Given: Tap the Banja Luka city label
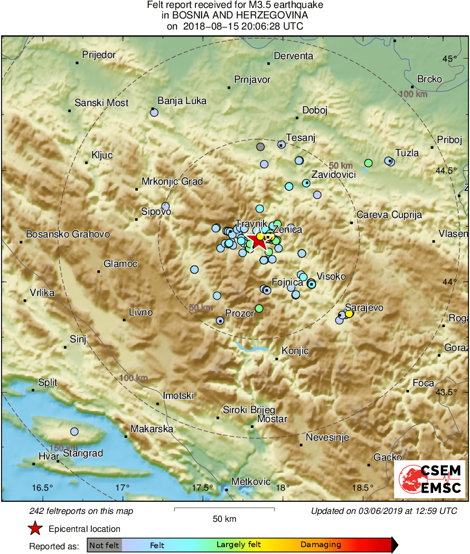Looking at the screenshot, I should pyautogui.click(x=182, y=101).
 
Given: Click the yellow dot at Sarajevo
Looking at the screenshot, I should pyautogui.click(x=349, y=314).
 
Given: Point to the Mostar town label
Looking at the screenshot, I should pyautogui.click(x=272, y=419).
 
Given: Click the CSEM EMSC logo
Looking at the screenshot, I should pyautogui.click(x=429, y=479).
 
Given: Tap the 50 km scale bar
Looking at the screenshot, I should pyautogui.click(x=224, y=509).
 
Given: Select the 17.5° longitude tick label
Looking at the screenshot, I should pyautogui.click(x=203, y=487).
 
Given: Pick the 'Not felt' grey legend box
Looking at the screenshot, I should pyautogui.click(x=105, y=545).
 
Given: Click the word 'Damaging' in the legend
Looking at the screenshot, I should pyautogui.click(x=321, y=545).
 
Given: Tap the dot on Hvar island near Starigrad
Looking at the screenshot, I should pyautogui.click(x=74, y=432).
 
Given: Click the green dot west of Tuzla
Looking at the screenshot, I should pyautogui.click(x=369, y=163).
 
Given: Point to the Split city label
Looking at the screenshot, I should pyautogui.click(x=48, y=383).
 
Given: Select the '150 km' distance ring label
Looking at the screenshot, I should pyautogui.click(x=64, y=447).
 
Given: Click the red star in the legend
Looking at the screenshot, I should pyautogui.click(x=35, y=528).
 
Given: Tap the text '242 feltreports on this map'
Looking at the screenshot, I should pyautogui.click(x=81, y=511).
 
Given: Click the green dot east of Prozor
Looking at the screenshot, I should pyautogui.click(x=259, y=308).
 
